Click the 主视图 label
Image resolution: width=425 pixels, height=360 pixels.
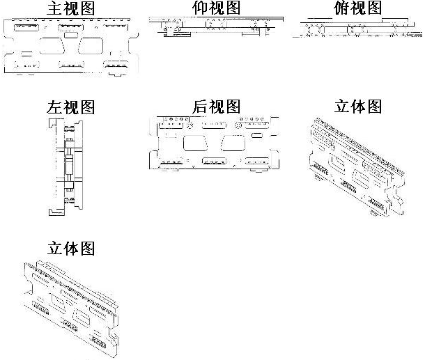coord(70,8)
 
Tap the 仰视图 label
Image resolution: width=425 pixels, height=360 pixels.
coord(216,8)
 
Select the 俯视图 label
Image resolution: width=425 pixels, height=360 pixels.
coord(357,8)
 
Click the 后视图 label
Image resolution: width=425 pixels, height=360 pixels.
coord(216,107)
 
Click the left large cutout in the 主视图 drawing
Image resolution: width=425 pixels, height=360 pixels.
coord(49,47)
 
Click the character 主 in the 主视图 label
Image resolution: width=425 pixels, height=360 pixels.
coord(54,8)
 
